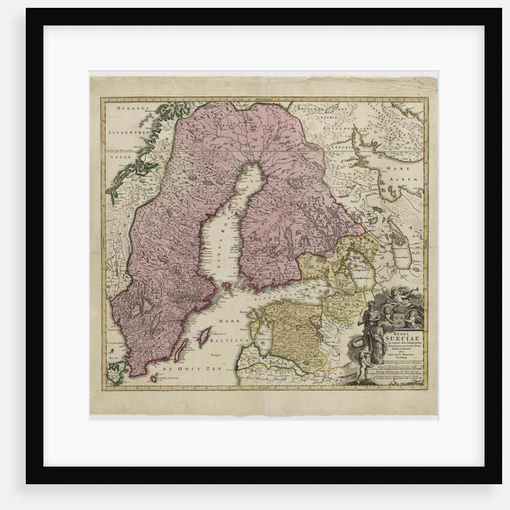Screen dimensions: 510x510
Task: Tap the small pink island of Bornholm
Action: [154, 378]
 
